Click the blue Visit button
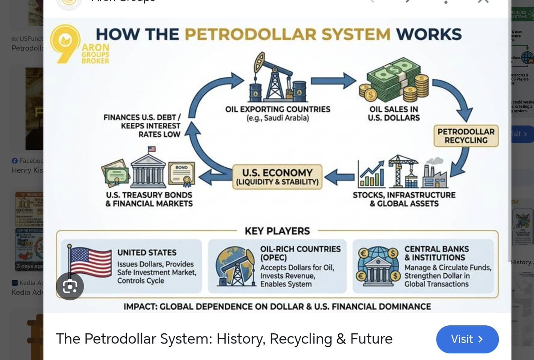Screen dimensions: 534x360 [x=467, y=339]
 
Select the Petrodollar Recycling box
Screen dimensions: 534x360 [x=466, y=136]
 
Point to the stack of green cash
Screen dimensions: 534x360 [x=392, y=80]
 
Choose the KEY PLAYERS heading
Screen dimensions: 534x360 [x=277, y=231]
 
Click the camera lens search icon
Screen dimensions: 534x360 [x=70, y=287]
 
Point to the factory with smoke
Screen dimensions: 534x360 [x=431, y=174]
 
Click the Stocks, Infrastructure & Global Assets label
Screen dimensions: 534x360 [x=404, y=199]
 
